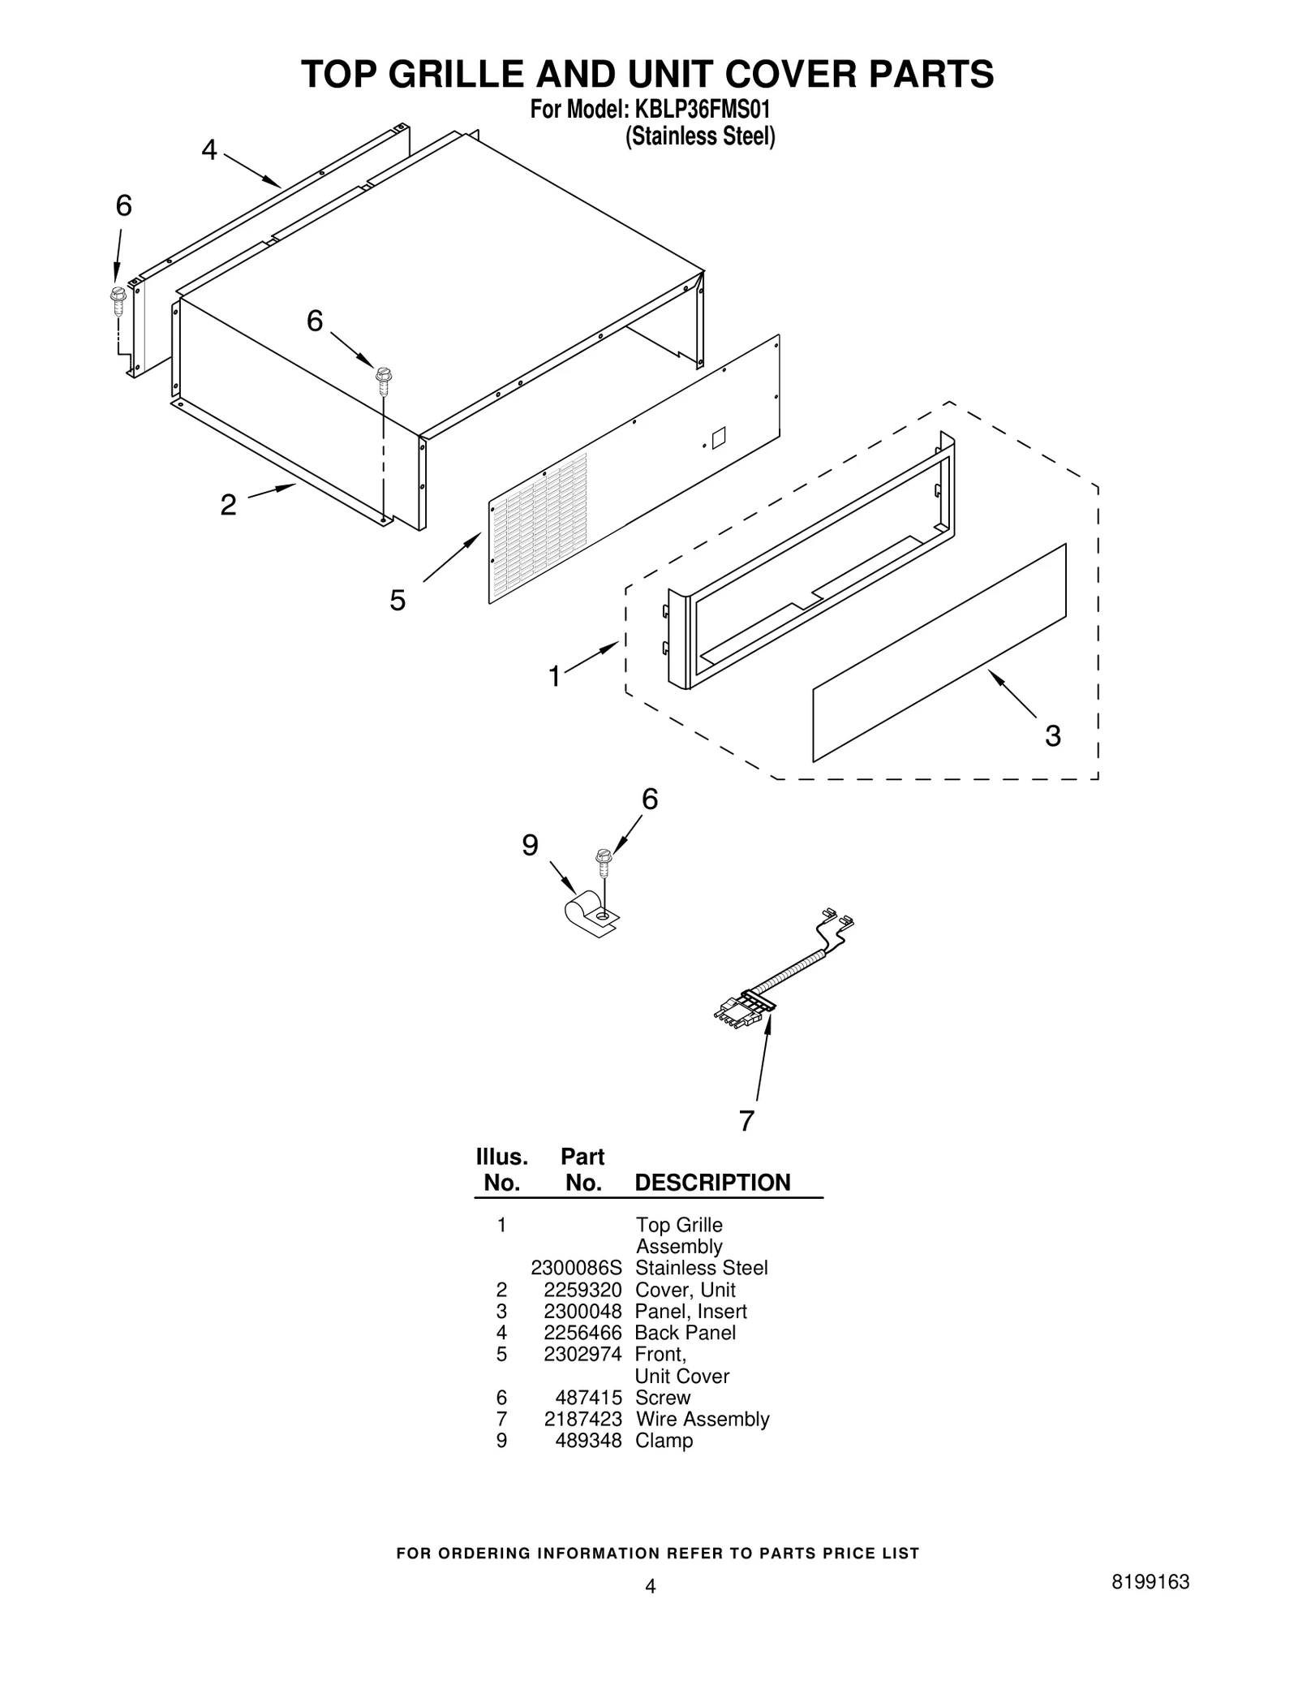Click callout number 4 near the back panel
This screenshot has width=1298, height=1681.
[x=209, y=150]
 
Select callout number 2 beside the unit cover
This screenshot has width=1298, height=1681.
[x=228, y=505]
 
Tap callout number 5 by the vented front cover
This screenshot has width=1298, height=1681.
[x=397, y=601]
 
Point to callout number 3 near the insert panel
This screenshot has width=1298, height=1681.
[x=1052, y=736]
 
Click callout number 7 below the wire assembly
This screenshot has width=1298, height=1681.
[x=746, y=1121]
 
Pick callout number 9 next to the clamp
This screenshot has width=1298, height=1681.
[x=530, y=846]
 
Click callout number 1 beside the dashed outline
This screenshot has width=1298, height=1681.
[x=554, y=676]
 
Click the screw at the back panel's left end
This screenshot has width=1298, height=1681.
[x=118, y=300]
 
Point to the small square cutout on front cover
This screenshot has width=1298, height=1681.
[x=718, y=438]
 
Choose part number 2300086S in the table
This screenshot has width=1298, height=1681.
[x=576, y=1268]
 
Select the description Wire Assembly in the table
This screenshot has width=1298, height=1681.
[x=702, y=1419]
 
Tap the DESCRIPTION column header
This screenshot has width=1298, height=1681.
[x=712, y=1183]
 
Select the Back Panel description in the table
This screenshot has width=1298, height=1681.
[x=685, y=1333]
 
